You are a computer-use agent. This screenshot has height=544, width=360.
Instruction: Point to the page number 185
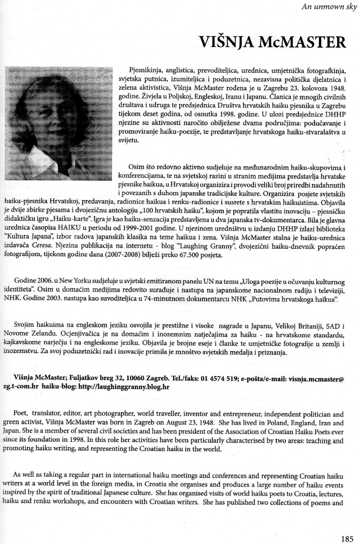[347, 538]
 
